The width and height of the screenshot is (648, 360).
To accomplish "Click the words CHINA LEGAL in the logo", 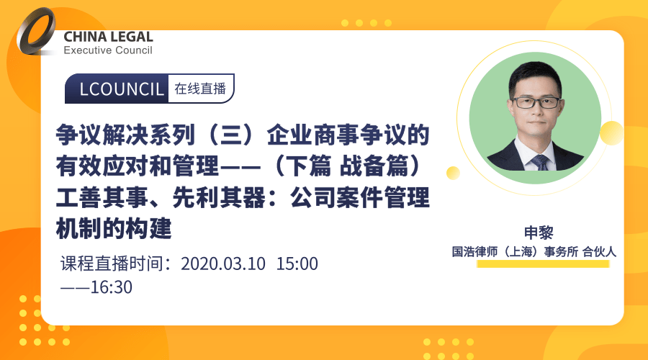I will (108, 37).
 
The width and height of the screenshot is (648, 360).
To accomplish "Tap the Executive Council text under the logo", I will (108, 50).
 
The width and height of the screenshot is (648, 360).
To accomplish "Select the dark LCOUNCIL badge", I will (117, 89).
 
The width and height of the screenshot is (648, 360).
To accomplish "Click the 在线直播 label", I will (200, 89).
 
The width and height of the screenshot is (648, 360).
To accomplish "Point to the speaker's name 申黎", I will (537, 233).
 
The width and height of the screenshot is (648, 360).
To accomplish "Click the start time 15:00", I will (297, 264).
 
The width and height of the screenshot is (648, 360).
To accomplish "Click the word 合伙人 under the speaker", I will (599, 252).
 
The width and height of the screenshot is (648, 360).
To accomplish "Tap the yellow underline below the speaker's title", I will (544, 265).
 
